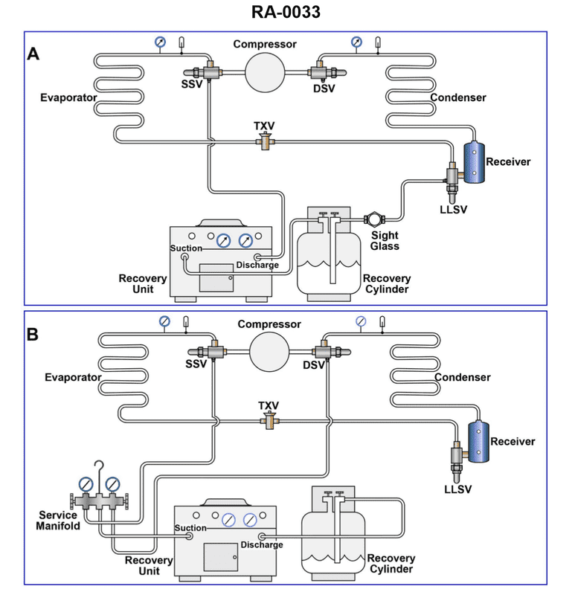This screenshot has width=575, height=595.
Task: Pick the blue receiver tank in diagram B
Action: point(478,441)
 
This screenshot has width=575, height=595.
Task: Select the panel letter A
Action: point(33,54)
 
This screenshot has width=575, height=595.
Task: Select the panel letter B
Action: point(33,334)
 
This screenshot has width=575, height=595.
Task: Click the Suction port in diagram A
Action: point(184,257)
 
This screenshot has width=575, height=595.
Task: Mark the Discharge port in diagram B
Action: point(262,535)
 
